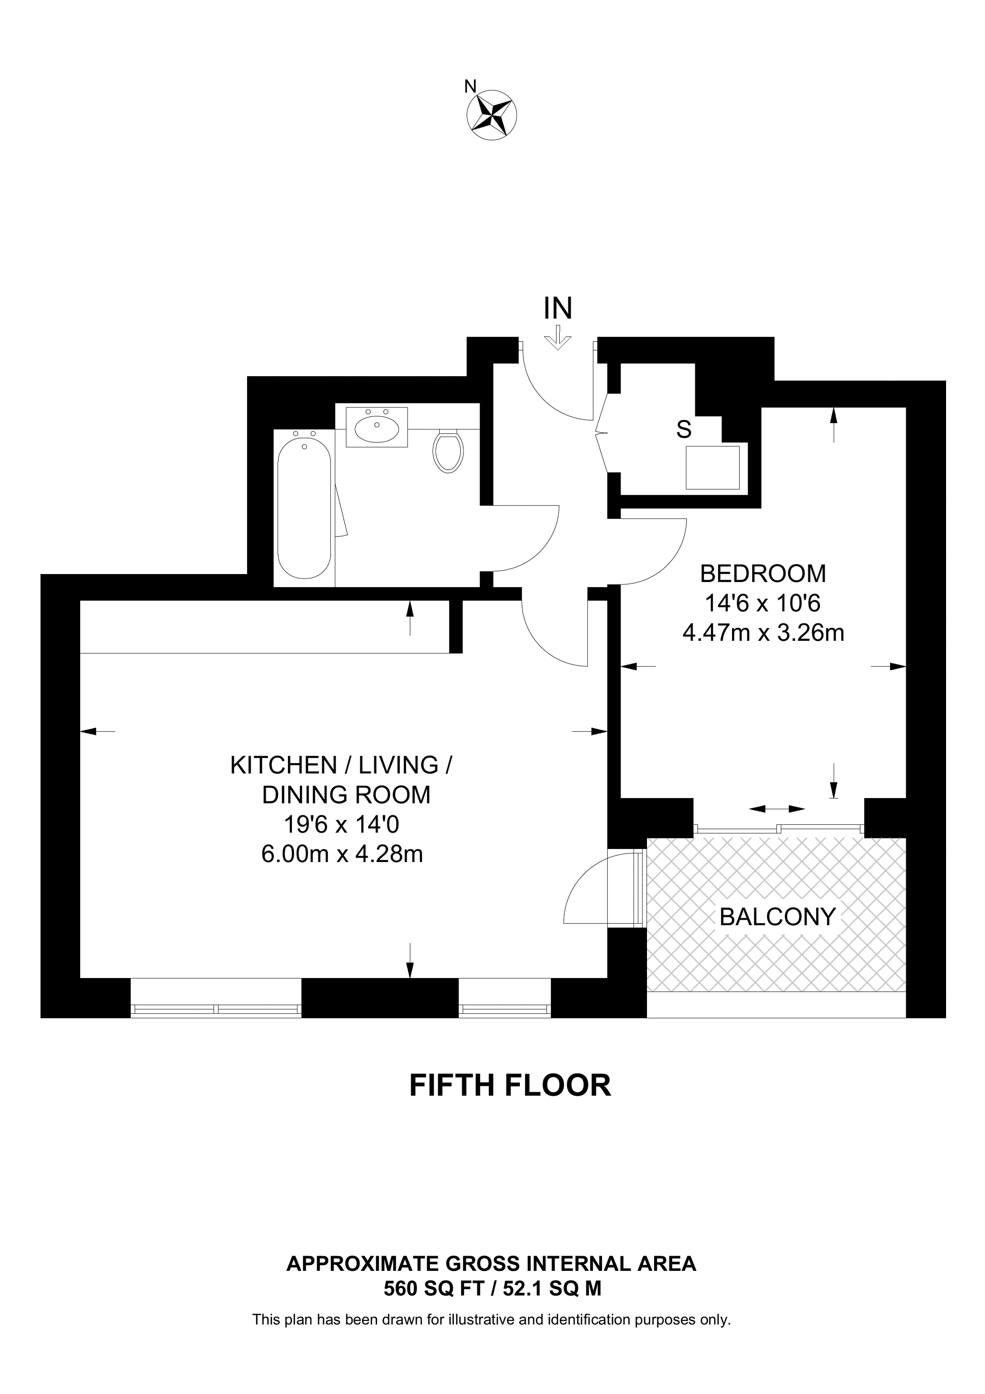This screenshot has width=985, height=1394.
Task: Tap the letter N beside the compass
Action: pyautogui.click(x=470, y=87)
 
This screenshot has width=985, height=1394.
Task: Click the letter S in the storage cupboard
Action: pyautogui.click(x=684, y=430)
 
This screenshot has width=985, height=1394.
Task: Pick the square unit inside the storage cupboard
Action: pyautogui.click(x=712, y=468)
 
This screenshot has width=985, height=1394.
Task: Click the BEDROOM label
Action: pyautogui.click(x=763, y=573)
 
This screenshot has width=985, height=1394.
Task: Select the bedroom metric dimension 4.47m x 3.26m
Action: pyautogui.click(x=763, y=633)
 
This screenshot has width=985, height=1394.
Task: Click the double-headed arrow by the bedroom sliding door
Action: pyautogui.click(x=777, y=809)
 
